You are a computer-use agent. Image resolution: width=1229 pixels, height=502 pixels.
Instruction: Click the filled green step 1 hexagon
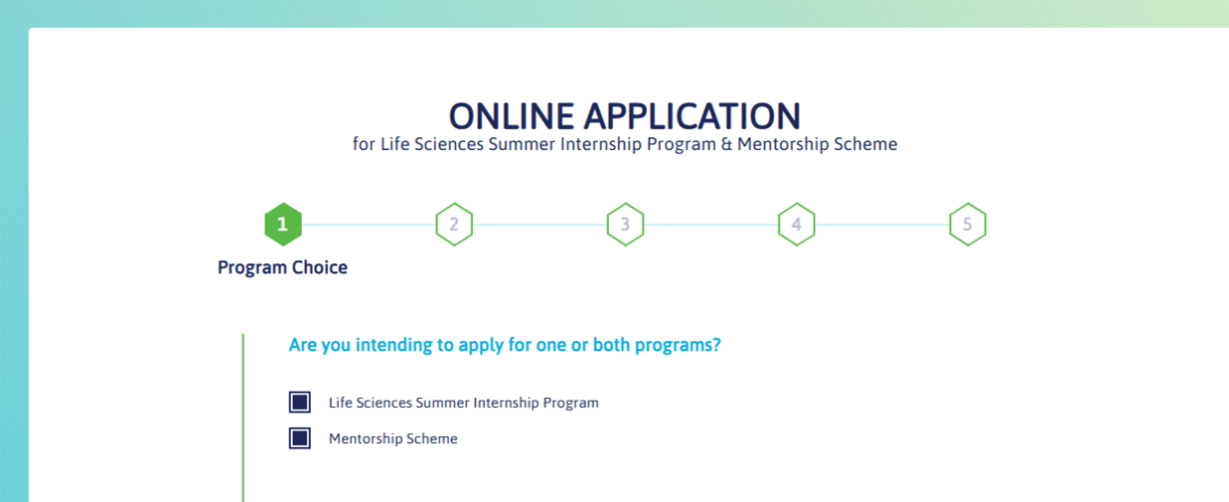coord(283,225)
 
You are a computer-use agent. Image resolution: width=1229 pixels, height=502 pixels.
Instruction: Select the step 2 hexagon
coord(454,225)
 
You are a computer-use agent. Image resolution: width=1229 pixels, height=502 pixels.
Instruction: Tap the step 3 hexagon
coord(625,225)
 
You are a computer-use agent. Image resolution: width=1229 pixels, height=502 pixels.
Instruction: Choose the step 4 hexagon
coord(796,225)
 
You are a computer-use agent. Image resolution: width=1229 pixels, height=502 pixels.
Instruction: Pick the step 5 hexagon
coord(967,225)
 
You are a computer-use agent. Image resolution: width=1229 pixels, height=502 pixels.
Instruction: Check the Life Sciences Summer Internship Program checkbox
coord(300,403)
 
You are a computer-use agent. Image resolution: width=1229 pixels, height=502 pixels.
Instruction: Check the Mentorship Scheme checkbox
coord(300,438)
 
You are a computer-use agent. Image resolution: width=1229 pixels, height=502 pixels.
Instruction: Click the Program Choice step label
coord(282,267)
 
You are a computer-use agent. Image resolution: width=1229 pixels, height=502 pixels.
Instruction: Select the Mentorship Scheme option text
coord(393,438)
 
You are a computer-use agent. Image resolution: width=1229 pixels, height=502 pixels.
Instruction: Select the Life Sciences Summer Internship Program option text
coord(464,403)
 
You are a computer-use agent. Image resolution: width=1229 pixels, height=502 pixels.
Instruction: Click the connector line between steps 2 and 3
coord(539,225)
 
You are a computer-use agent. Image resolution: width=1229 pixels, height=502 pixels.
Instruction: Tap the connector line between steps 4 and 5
coord(881,225)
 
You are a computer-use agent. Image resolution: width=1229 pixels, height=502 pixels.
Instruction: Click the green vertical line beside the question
coord(242,418)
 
